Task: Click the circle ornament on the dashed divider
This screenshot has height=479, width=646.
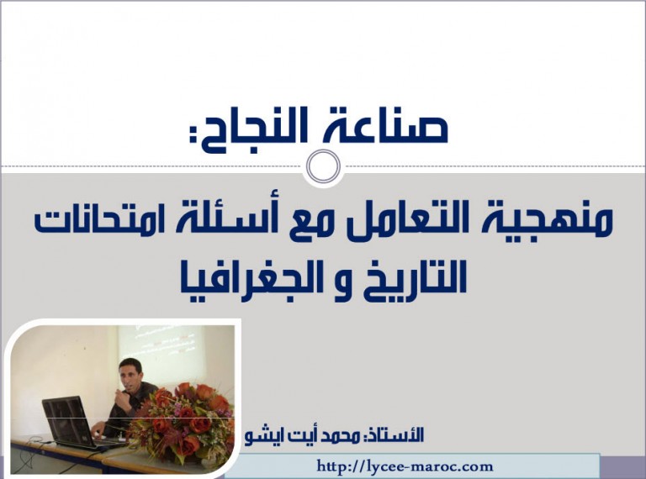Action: [x=323, y=166]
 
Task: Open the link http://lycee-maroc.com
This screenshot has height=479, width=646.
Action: [x=405, y=466]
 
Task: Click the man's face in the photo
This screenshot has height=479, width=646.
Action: [x=131, y=372]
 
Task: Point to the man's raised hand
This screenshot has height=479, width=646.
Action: [x=120, y=399]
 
